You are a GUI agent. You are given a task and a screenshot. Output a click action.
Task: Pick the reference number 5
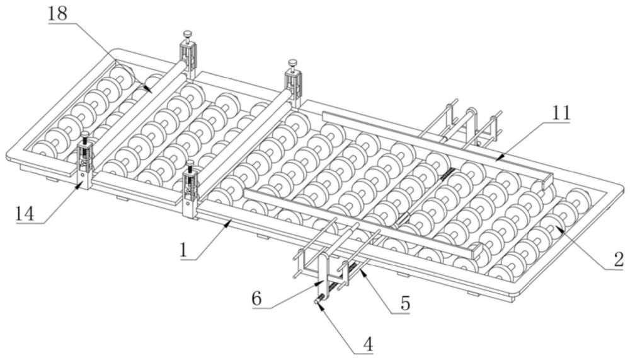point(403,304)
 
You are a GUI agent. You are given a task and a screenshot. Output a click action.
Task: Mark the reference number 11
point(560,113)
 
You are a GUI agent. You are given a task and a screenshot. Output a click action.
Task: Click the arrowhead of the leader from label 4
point(316,303)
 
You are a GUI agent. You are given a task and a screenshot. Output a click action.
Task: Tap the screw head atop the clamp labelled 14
point(84,135)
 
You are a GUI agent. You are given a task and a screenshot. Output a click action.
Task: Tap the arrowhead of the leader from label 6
point(322,282)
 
